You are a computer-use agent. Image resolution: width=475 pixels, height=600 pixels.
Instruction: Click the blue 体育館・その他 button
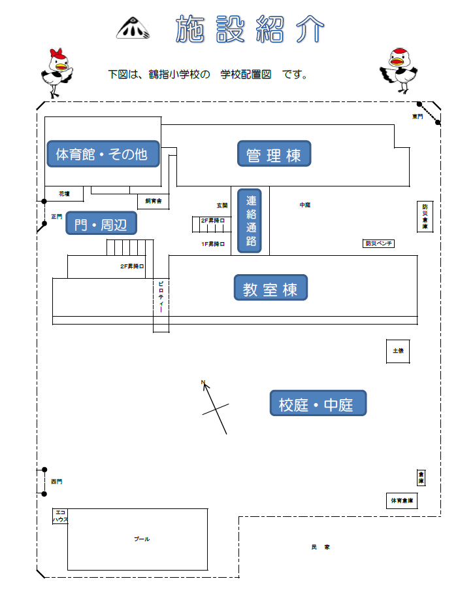point(103,154)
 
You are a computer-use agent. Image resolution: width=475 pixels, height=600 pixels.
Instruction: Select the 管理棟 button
point(274,154)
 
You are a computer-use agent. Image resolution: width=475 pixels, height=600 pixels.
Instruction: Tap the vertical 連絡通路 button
point(251,220)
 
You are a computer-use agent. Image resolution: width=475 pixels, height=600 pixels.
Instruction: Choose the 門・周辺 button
point(101,224)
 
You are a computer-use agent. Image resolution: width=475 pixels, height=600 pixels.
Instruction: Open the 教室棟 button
point(270,288)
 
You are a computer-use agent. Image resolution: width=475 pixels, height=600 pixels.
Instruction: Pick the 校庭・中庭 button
point(318,404)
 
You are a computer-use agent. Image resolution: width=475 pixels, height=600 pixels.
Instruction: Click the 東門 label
point(417,116)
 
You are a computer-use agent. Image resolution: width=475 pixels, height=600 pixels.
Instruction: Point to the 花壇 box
point(64,194)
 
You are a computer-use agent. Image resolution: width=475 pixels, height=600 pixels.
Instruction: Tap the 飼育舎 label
point(154,201)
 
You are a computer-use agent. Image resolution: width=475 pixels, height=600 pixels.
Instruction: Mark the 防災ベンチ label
point(379,243)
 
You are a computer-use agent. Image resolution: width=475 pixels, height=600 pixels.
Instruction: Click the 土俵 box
point(398,351)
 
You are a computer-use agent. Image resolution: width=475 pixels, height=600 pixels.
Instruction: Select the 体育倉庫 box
point(402,501)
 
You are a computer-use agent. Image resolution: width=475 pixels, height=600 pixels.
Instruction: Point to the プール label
point(142,539)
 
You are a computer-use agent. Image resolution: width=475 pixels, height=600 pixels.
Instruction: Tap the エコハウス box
point(60,516)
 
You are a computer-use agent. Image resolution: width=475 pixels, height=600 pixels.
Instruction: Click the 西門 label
point(57,482)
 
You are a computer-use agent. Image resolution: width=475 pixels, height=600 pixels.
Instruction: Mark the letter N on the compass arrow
point(203,382)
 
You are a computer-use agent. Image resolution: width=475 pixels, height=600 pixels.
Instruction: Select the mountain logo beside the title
point(133,28)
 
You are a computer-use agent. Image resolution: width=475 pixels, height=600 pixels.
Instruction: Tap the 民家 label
point(320,546)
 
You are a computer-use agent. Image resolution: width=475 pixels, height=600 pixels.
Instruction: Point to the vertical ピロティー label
point(161,298)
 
